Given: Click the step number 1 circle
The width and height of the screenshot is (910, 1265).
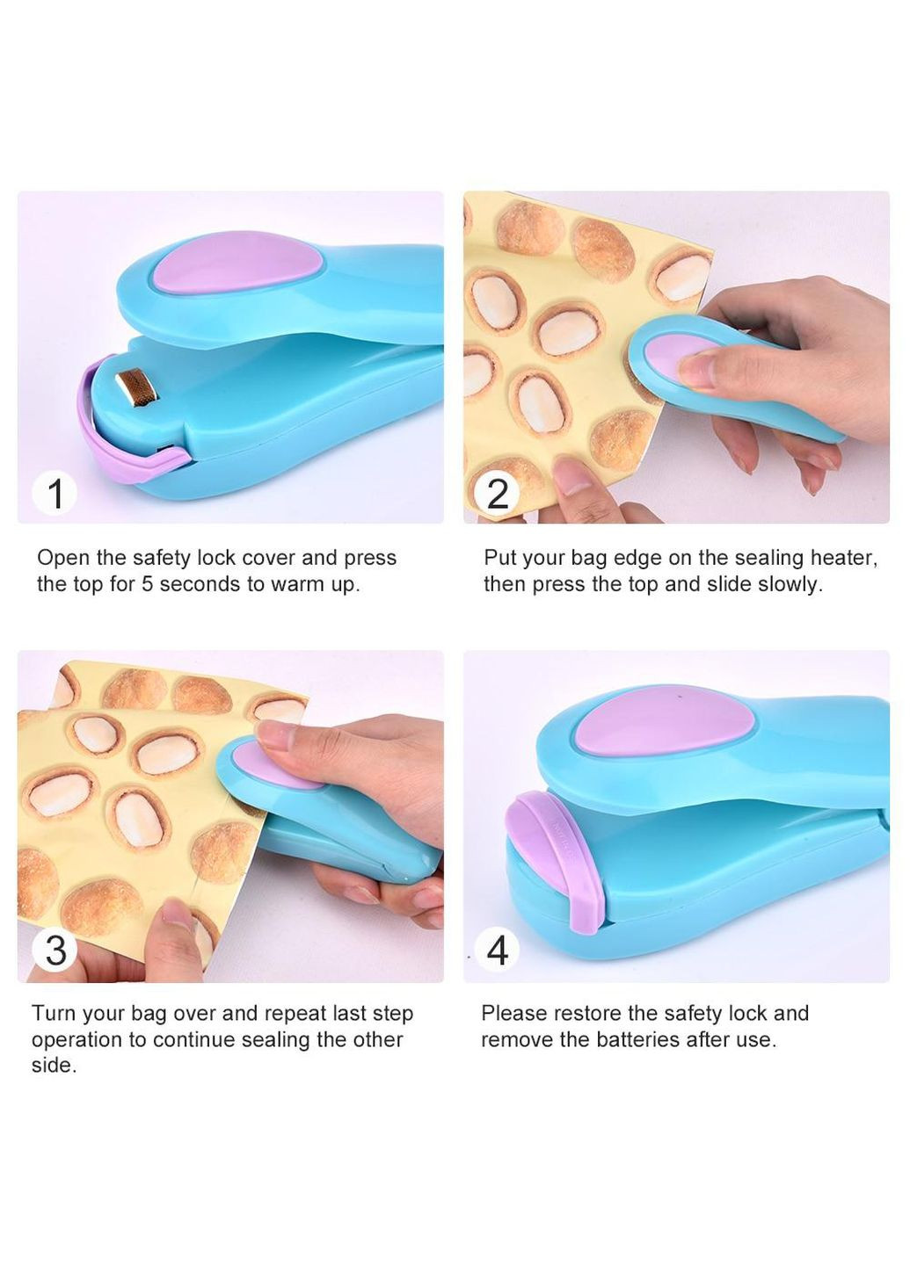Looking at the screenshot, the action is pos(55,493).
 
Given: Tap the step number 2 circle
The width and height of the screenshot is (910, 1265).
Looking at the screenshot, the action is pos(497,494).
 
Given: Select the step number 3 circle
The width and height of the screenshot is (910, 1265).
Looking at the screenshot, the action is pos(55,950).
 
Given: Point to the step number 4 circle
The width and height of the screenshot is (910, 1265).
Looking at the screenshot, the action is pos(497,950).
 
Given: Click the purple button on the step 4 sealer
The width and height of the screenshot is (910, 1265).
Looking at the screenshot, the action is pos(663,721).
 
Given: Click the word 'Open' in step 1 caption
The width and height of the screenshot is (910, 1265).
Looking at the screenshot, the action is pos(62,559).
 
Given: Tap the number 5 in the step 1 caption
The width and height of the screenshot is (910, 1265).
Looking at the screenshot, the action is pos(148,584).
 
